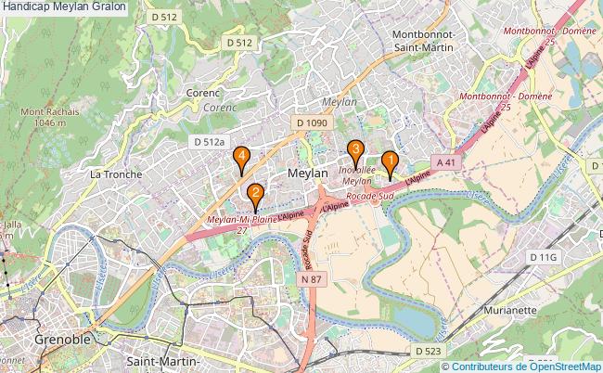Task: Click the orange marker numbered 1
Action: [x=391, y=161]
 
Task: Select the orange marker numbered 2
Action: [x=254, y=195]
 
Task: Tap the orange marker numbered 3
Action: [x=355, y=149]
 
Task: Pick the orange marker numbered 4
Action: [x=241, y=158]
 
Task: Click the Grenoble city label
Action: [x=62, y=340]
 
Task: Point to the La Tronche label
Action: [x=116, y=174]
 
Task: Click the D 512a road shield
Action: [x=210, y=141]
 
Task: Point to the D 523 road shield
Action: [x=428, y=351]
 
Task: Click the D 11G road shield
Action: [x=543, y=256]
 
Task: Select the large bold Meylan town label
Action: [x=308, y=174]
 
